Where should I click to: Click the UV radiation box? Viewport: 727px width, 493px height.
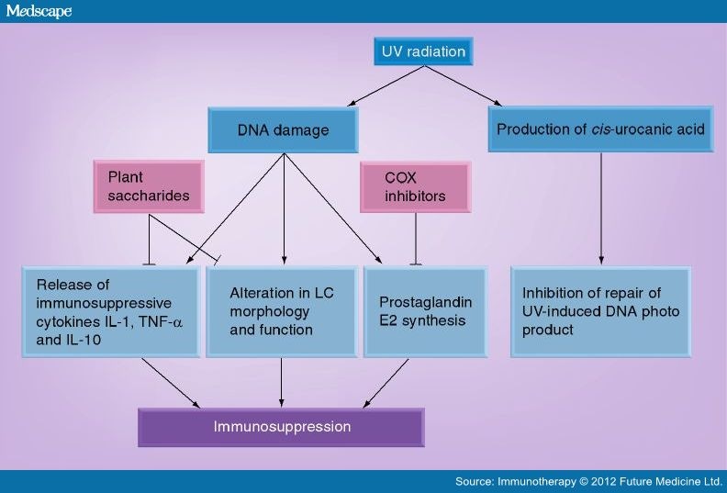pyautogui.click(x=423, y=52)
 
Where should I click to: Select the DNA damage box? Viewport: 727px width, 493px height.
pyautogui.click(x=283, y=130)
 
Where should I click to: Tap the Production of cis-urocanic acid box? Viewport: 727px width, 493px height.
pyautogui.click(x=600, y=129)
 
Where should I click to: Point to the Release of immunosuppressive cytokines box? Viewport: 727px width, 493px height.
pyautogui.click(x=110, y=312)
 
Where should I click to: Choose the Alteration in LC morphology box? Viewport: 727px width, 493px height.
pyautogui.click(x=282, y=312)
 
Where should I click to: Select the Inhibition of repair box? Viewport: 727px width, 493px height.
pyautogui.click(x=600, y=312)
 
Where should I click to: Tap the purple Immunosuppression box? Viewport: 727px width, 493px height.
pyautogui.click(x=281, y=427)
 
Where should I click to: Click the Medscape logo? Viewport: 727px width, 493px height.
pyautogui.click(x=37, y=11)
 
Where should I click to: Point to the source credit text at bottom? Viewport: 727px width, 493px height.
pyautogui.click(x=588, y=482)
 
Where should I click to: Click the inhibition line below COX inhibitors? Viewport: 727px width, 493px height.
pyautogui.click(x=416, y=239)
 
